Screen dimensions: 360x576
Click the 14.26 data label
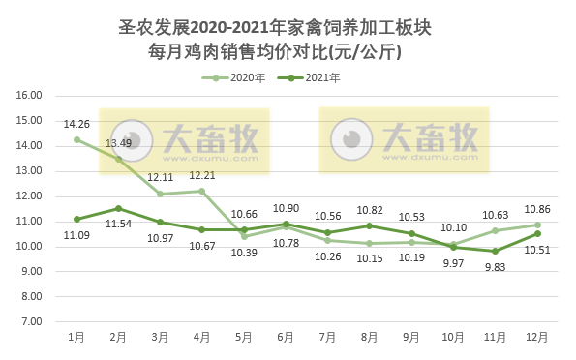pyautogui.click(x=76, y=124)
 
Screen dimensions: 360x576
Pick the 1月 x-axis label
pyautogui.click(x=76, y=337)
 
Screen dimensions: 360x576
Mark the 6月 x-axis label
pyautogui.click(x=286, y=337)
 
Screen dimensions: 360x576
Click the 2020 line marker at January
pyautogui.click(x=76, y=139)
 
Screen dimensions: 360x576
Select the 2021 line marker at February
pyautogui.click(x=118, y=208)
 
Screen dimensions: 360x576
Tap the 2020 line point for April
pyautogui.click(x=202, y=191)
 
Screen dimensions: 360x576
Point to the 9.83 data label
pyautogui.click(x=496, y=268)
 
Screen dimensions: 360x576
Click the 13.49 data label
pyautogui.click(x=119, y=143)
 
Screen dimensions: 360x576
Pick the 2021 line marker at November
pyautogui.click(x=496, y=251)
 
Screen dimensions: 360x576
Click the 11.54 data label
pyautogui.click(x=119, y=225)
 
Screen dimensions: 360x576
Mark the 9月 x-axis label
pyautogui.click(x=411, y=337)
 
